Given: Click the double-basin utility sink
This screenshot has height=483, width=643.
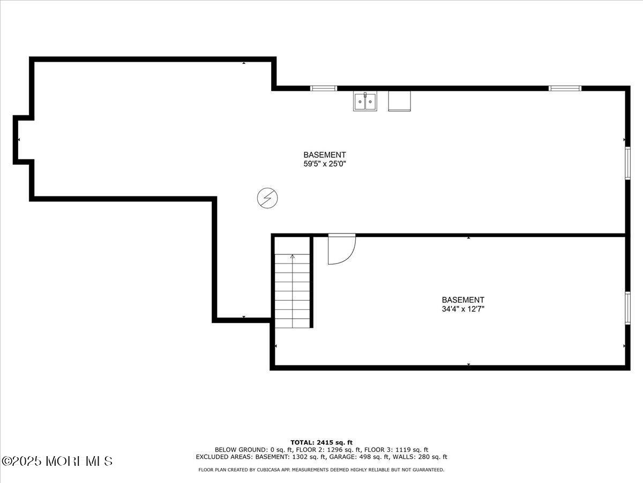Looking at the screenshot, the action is tap(365, 101).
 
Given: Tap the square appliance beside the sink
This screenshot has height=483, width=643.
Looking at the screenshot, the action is tap(399, 101).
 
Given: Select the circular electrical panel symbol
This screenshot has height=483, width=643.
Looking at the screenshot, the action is tap(267, 198).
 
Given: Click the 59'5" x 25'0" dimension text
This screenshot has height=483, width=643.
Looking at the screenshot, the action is tap(325, 164).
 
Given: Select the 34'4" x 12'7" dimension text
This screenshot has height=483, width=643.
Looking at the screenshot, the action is tap(463, 309).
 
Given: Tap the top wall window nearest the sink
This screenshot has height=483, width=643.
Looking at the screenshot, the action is tap(324, 88).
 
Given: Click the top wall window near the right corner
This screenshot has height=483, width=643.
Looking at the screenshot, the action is tap(565, 88).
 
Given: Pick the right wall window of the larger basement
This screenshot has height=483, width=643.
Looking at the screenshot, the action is tap(627, 163).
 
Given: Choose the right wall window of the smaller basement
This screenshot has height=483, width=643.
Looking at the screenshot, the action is tap(627, 308).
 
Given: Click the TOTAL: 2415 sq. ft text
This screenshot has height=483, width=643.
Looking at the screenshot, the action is tap(322, 443).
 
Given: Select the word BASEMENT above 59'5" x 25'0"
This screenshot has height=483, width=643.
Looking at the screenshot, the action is tap(325, 155).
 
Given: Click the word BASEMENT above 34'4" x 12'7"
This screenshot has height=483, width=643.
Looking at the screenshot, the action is tap(463, 300).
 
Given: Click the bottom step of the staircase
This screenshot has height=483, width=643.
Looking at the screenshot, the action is tap(293, 323).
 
